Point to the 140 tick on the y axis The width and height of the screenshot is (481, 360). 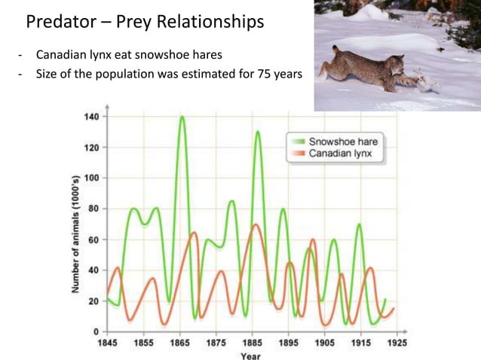[x=91, y=117]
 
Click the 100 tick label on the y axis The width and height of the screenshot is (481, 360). [x=91, y=178]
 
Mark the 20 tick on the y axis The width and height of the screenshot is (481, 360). [x=93, y=301]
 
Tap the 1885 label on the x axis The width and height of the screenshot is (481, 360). [x=251, y=342]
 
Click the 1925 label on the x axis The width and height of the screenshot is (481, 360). [x=397, y=342]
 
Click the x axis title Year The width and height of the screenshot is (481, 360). [x=251, y=355]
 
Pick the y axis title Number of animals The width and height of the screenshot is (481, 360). [x=76, y=224]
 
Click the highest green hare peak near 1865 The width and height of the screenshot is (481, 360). [x=182, y=117]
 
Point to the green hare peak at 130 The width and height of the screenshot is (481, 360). [x=257, y=133]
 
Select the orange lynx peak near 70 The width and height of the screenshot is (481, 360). [x=256, y=224]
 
